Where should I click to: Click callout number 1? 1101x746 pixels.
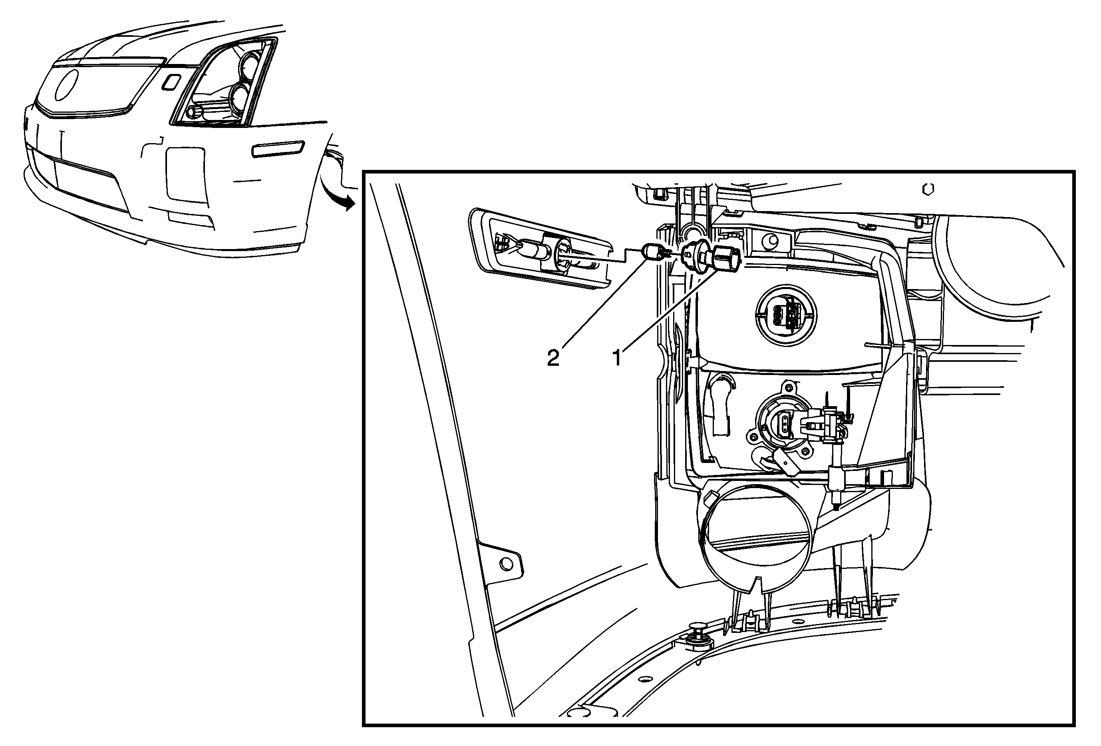[617, 357]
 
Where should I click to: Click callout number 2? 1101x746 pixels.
[553, 357]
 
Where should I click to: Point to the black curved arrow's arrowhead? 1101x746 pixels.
[349, 203]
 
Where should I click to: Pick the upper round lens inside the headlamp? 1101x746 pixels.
[252, 67]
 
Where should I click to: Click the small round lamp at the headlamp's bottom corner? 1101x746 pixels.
[194, 112]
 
